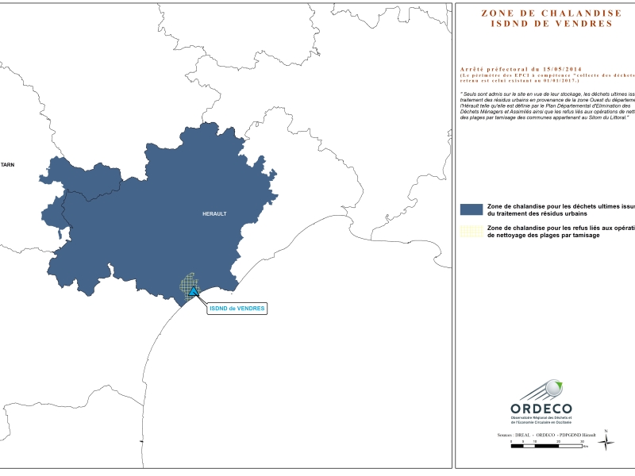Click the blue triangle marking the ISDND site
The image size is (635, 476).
click(194, 291)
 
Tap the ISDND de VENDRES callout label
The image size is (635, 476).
click(237, 308)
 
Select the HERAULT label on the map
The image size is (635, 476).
click(214, 214)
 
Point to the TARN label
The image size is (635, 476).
click(8, 164)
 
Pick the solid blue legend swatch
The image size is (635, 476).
click(471, 209)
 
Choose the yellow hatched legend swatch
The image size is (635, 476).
click(471, 232)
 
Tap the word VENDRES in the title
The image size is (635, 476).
click(587, 24)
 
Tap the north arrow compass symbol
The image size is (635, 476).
click(606, 443)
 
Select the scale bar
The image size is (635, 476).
click(550, 447)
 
